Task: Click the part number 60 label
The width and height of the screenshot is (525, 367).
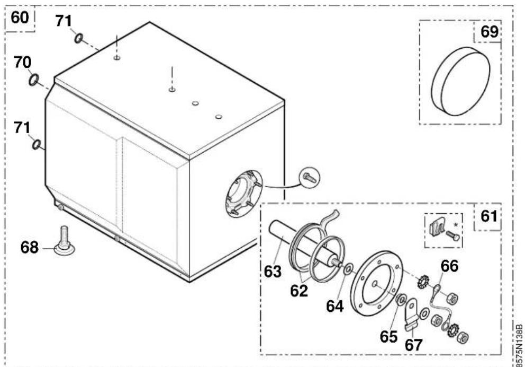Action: coord(20,18)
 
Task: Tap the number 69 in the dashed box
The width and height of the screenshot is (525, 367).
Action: coord(490,31)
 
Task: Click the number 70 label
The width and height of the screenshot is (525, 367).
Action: coord(22,63)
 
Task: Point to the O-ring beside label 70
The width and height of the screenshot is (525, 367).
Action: coord(34,80)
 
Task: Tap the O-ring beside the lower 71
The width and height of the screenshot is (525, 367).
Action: coord(37,145)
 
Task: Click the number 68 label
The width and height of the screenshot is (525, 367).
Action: coord(30,248)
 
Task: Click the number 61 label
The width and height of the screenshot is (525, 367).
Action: coord(489,216)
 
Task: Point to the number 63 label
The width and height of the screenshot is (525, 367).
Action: coord(273,272)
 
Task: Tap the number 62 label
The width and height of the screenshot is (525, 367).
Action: coord(299,291)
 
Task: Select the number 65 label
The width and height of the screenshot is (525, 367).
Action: coord(388,336)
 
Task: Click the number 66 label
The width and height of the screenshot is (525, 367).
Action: coord(449,266)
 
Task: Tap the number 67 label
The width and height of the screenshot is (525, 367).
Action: coord(413,345)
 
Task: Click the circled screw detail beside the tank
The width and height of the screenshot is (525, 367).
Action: coord(309,178)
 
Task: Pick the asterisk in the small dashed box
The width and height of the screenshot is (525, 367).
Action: coord(455,225)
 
